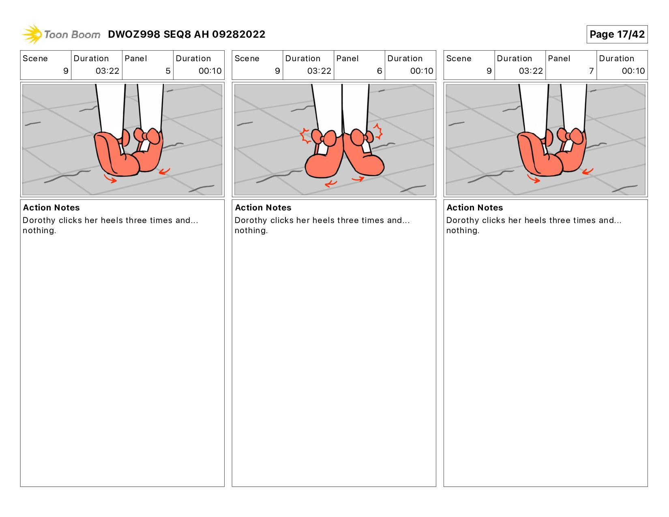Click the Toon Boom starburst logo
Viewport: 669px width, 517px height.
point(32,34)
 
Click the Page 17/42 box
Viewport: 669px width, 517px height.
point(617,34)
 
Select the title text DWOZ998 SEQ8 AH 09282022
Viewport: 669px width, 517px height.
point(187,34)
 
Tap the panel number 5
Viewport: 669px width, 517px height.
point(168,71)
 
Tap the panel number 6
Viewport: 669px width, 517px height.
point(379,71)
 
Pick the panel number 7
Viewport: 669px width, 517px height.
point(591,71)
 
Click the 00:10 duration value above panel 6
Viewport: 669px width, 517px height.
point(422,71)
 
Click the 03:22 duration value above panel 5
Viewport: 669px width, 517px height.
point(107,71)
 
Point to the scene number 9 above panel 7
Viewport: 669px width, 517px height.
point(489,71)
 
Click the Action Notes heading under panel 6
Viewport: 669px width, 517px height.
point(263,208)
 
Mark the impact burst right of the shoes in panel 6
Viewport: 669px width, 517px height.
point(378,131)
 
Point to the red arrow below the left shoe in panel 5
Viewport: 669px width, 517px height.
point(110,178)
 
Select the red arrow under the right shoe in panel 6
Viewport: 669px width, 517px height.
point(358,178)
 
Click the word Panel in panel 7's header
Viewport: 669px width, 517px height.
point(559,58)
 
